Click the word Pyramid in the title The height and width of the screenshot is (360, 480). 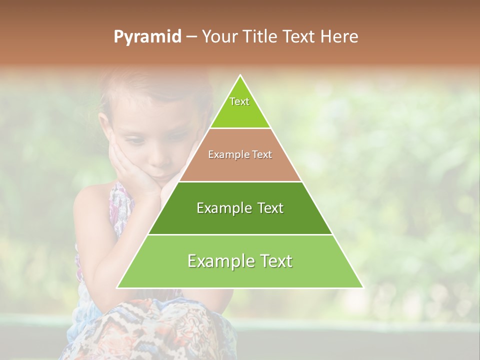click(x=147, y=37)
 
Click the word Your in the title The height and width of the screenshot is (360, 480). click(x=219, y=37)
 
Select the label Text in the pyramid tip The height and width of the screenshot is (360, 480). click(x=239, y=101)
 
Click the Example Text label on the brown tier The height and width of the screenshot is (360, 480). click(x=240, y=154)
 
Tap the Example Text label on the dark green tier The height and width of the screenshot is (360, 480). click(x=240, y=208)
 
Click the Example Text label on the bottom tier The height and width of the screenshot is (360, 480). click(x=240, y=261)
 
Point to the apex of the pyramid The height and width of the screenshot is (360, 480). click(x=240, y=76)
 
